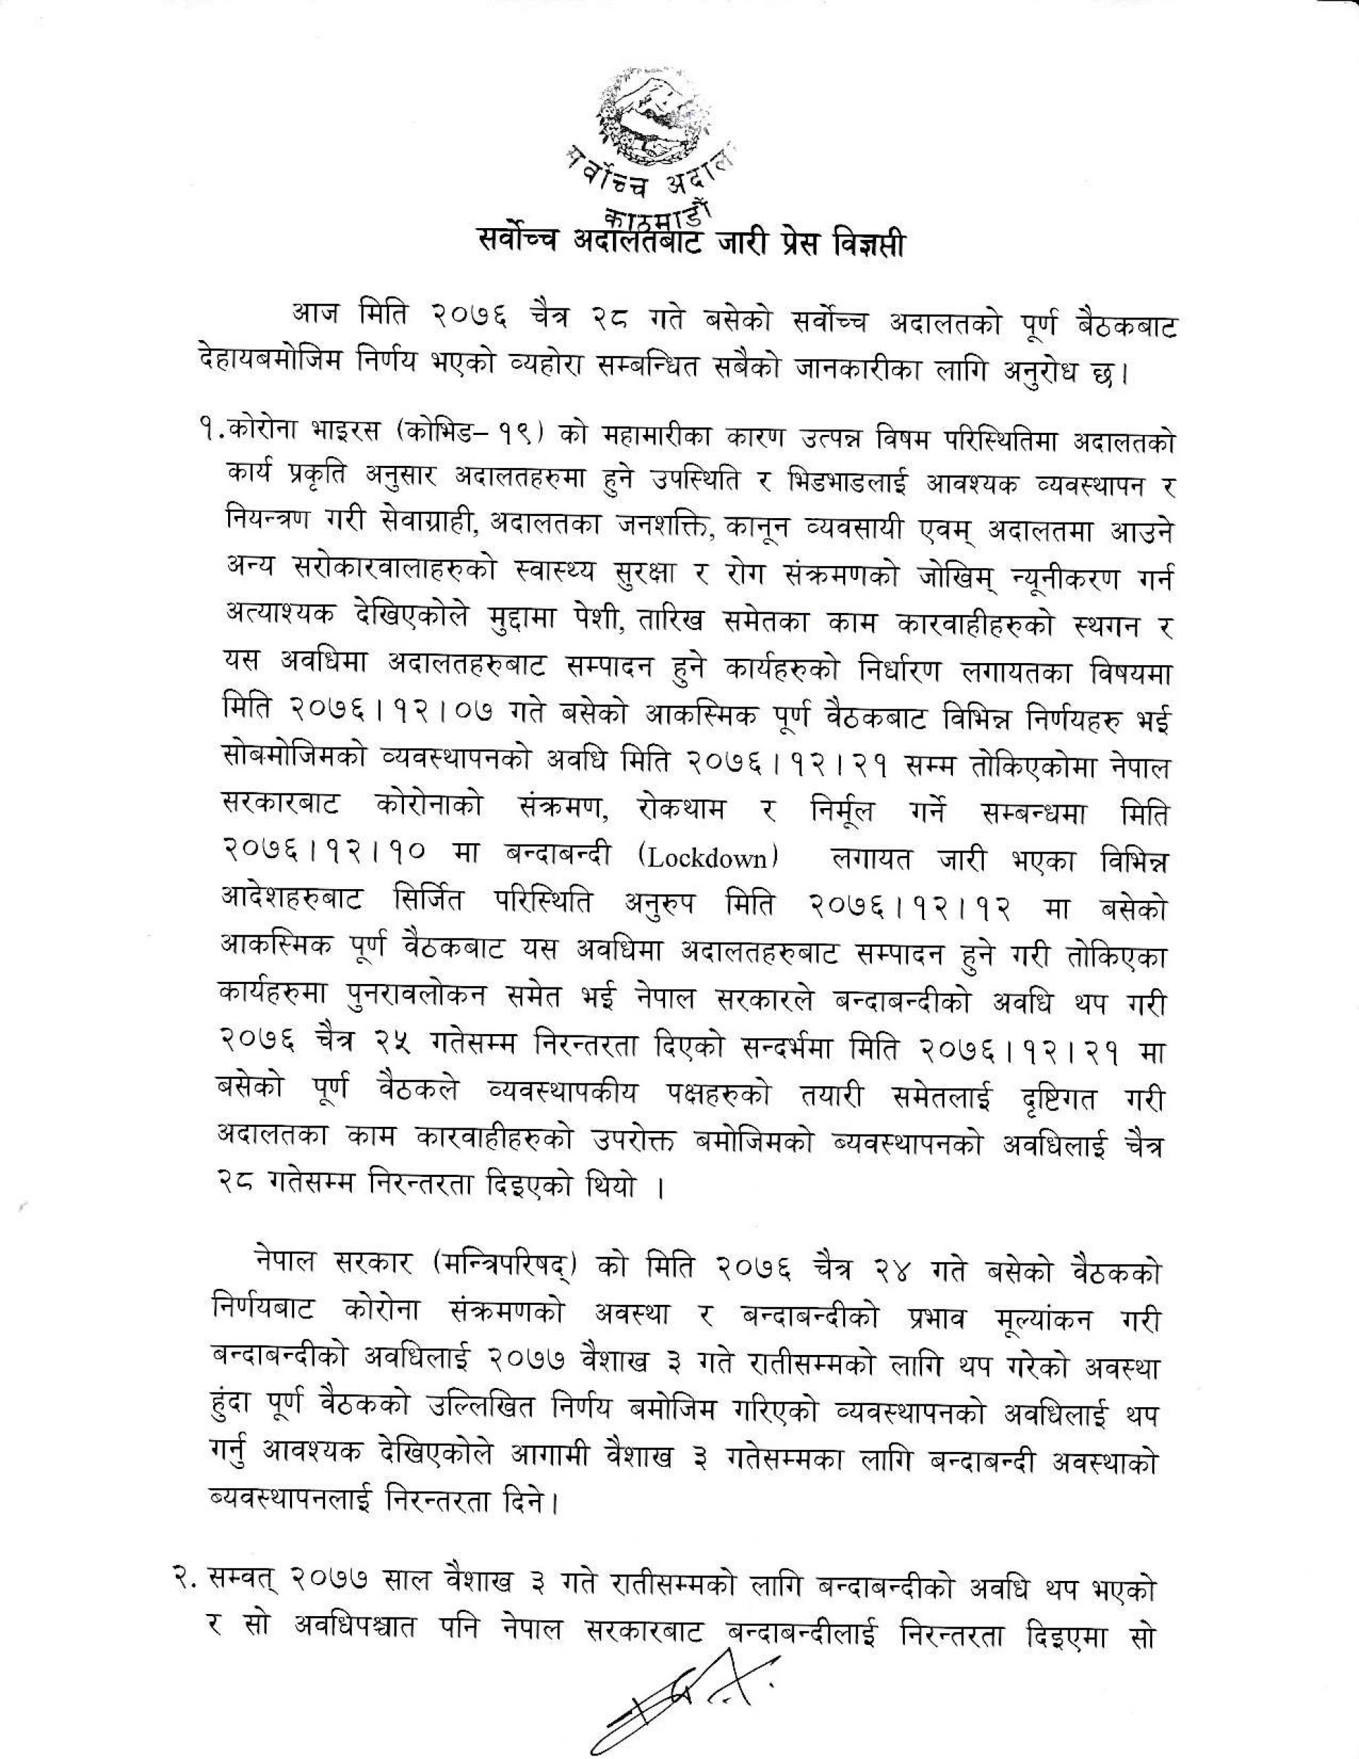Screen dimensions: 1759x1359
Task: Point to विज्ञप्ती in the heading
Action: (871, 243)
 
